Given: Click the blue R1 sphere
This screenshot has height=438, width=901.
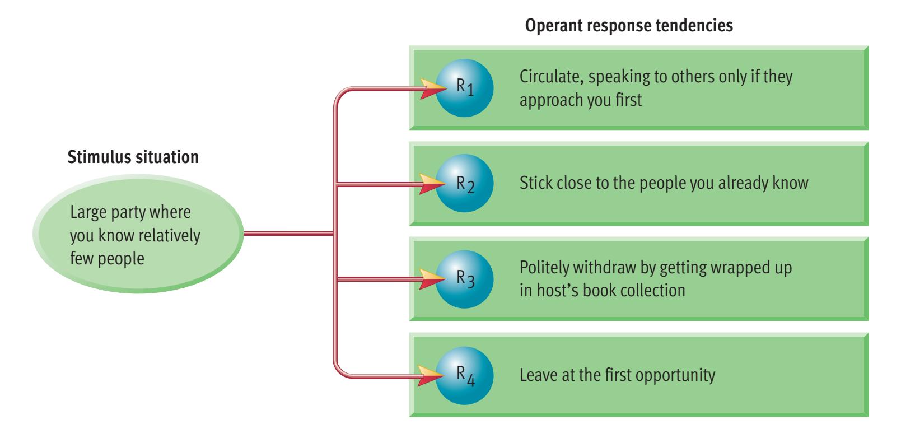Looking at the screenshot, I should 464,87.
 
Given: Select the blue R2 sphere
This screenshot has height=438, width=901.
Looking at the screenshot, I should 464,183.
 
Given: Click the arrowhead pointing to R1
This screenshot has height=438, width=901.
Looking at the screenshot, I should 430,87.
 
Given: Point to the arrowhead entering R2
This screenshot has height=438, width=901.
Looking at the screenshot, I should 430,183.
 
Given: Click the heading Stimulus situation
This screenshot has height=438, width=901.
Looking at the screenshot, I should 133,157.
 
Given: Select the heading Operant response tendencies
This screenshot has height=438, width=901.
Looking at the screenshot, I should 629,26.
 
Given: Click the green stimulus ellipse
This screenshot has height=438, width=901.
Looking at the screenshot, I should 138,235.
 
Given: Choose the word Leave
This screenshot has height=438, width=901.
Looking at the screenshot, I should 536,375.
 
